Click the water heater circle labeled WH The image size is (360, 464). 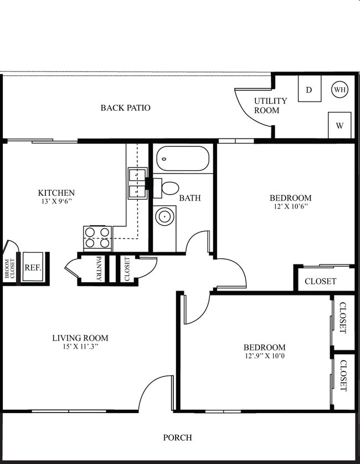[340, 89]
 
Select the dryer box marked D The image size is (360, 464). [309, 89]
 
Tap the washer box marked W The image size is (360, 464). [340, 125]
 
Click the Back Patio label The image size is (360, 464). [125, 108]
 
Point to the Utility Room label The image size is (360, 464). [270, 105]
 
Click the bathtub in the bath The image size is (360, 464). [183, 159]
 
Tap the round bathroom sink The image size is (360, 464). [164, 217]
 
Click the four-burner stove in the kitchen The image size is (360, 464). [97, 237]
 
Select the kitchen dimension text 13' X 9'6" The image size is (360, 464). [56, 202]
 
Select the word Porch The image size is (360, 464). [177, 437]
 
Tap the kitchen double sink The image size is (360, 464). [137, 183]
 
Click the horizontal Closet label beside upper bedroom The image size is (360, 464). [320, 281]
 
